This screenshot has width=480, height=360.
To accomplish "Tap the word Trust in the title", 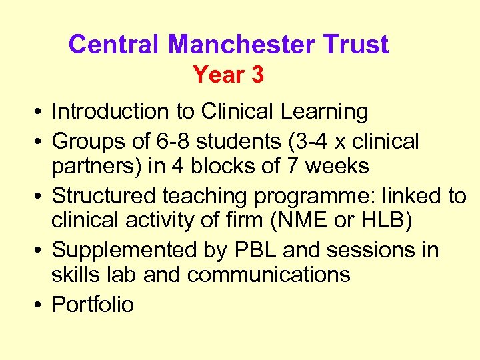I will (357, 45).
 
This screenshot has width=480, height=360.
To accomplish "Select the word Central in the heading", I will (113, 45).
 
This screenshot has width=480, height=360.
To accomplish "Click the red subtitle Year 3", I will (229, 75).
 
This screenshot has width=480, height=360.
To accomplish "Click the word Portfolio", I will (93, 305).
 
